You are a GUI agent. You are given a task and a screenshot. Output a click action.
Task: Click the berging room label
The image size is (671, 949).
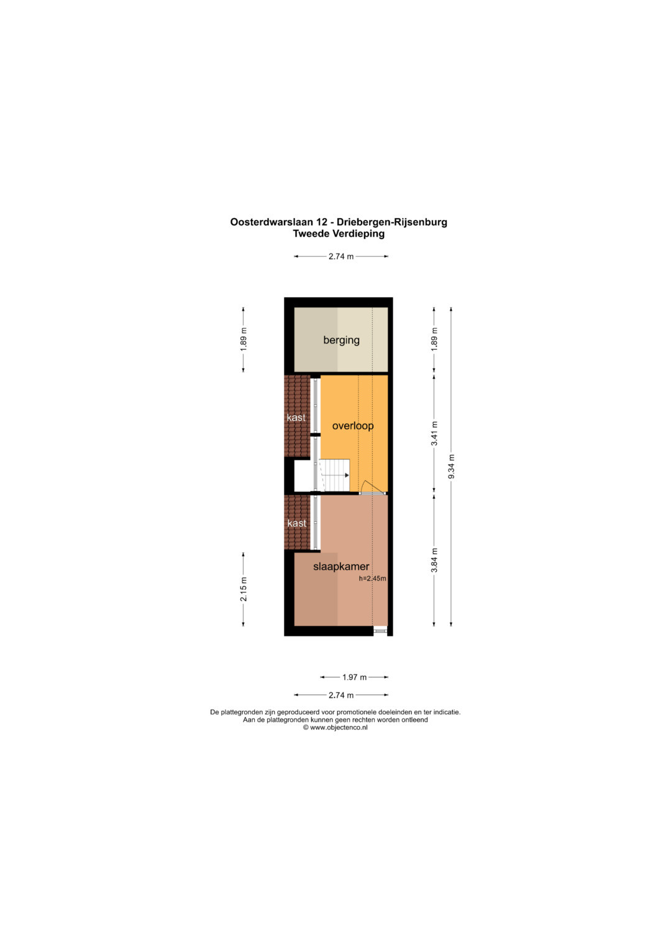pyautogui.click(x=341, y=340)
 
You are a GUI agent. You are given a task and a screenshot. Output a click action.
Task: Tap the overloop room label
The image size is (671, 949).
pyautogui.click(x=352, y=426)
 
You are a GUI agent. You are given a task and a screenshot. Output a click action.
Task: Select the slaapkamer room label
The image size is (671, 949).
pyautogui.click(x=341, y=566)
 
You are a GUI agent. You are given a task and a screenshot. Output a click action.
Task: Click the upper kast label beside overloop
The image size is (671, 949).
pyautogui.click(x=296, y=418)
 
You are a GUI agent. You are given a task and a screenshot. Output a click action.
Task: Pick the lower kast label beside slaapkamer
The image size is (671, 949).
pyautogui.click(x=296, y=523)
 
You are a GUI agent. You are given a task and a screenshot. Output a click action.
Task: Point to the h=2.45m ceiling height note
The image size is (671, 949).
pyautogui.click(x=372, y=579)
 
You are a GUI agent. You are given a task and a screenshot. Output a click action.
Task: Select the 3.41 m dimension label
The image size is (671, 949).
pyautogui.click(x=434, y=433)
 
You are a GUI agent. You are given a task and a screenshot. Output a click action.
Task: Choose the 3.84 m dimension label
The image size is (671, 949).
pyautogui.click(x=434, y=560)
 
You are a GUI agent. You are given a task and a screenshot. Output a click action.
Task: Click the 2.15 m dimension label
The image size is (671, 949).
pyautogui.click(x=243, y=589)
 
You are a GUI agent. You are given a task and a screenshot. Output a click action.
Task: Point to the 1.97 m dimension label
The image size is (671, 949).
pyautogui.click(x=354, y=677)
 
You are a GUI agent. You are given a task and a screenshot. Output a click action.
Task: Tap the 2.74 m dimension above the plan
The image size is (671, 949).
pyautogui.click(x=341, y=256)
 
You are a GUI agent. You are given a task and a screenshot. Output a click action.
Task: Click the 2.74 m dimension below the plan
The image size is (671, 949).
pyautogui.click(x=341, y=695)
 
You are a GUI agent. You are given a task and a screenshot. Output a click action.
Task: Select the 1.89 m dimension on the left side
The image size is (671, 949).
pyautogui.click(x=243, y=339)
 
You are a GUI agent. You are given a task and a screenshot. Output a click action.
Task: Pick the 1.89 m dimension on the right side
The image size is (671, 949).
pyautogui.click(x=434, y=339)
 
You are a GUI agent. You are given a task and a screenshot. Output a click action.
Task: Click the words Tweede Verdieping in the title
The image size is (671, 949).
pyautogui.click(x=339, y=234)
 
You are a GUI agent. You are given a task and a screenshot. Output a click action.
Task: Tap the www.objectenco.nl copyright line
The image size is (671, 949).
pyautogui.click(x=335, y=727)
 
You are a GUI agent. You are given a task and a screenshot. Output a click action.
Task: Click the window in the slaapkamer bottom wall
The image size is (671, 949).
pyautogui.click(x=380, y=631)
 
